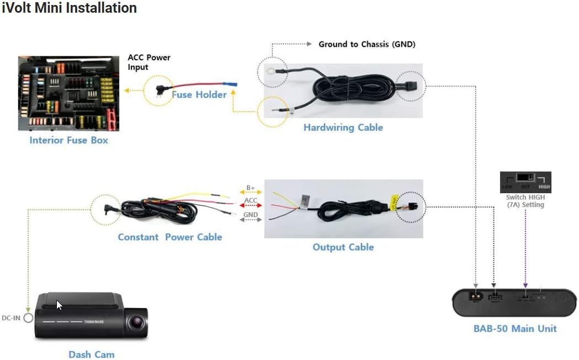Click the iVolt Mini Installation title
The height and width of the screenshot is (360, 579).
click(69, 8)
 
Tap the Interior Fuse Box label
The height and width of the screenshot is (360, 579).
click(69, 140)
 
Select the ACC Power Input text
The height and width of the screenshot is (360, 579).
click(149, 62)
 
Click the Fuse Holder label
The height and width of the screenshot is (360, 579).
click(199, 95)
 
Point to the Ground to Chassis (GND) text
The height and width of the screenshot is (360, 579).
click(367, 44)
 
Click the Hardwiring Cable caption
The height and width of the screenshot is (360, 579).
click(343, 128)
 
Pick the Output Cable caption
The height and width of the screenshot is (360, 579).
click(343, 247)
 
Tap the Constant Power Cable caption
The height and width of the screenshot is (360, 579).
click(170, 237)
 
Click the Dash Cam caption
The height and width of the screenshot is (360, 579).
click(91, 354)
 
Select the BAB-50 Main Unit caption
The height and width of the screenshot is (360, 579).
click(515, 329)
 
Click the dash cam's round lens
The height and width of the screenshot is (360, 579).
click(135, 322)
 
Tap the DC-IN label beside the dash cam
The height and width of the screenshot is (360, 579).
click(10, 318)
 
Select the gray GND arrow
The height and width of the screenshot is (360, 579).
click(250, 219)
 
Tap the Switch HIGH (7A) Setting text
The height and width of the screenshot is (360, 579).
click(525, 201)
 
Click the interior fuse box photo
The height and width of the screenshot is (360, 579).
click(69, 93)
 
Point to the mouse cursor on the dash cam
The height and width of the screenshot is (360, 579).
click(59, 305)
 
